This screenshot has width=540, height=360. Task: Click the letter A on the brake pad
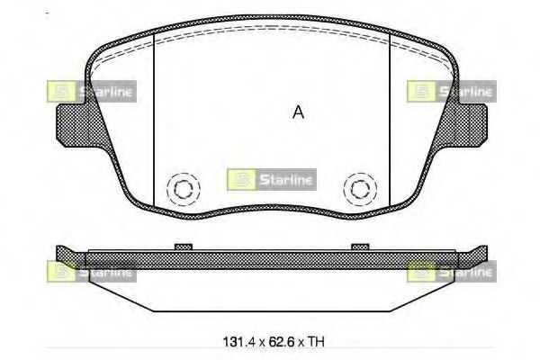tap(298, 112)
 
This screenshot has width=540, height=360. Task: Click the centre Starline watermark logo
tap(272, 179)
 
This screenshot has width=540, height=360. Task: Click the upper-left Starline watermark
tap(92, 91)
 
